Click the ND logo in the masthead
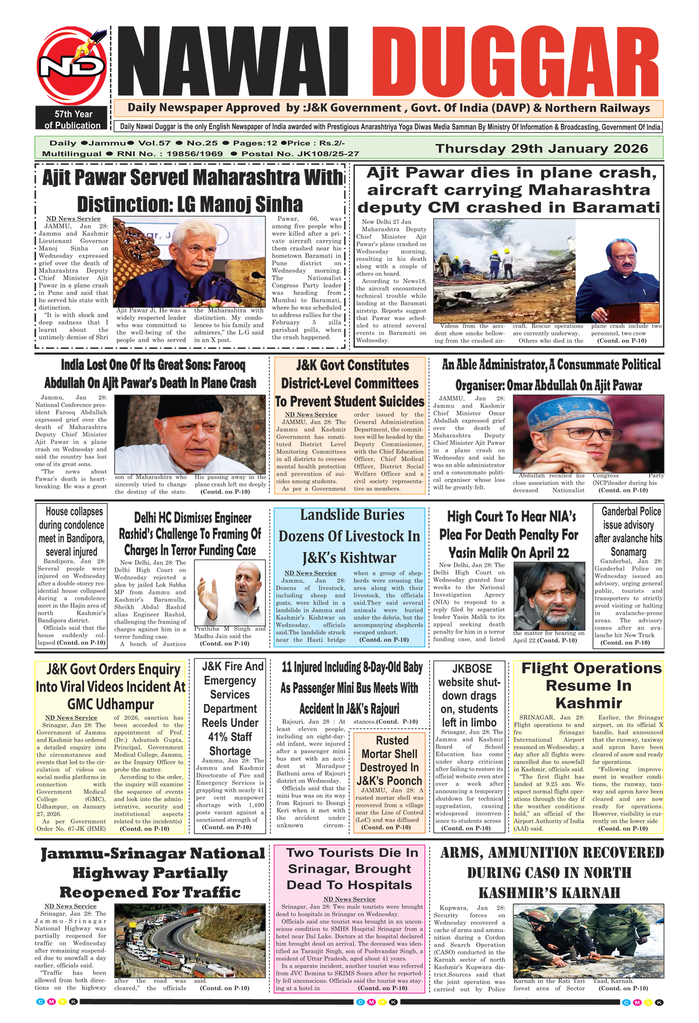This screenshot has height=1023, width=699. point(71,66)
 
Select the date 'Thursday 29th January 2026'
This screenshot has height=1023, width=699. point(541,149)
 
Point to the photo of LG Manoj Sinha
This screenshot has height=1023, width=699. point(189,261)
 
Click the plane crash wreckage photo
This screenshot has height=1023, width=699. point(504,271)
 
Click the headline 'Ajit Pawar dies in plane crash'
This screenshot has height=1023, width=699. point(508,190)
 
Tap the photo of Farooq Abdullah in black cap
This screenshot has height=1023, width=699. point(191,434)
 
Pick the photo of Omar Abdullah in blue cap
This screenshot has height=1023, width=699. point(588,434)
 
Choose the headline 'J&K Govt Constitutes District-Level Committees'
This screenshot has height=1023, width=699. point(350,383)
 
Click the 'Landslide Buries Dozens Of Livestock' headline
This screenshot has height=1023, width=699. point(349,536)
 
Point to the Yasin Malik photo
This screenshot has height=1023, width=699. point(548,596)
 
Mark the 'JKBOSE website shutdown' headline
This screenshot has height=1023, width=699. point(469,696)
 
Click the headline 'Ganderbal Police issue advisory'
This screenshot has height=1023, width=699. point(628,531)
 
